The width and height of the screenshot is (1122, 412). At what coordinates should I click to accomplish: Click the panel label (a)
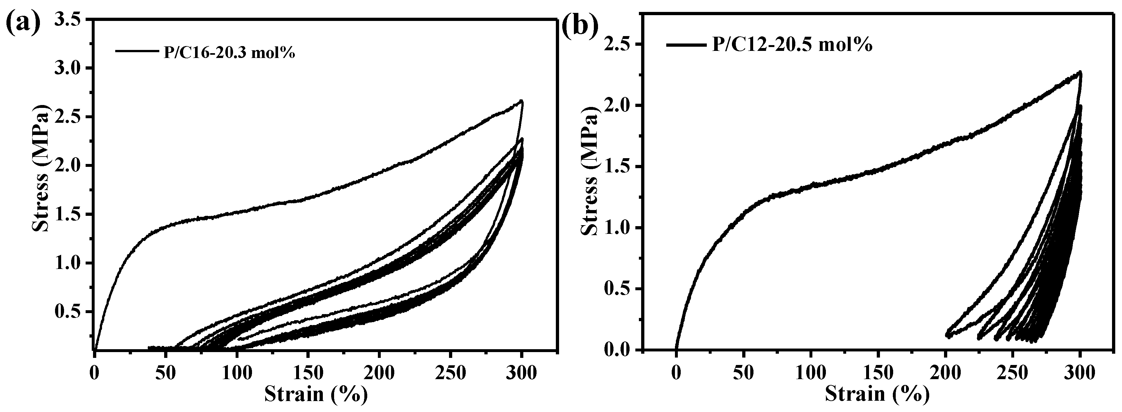(x=23, y=25)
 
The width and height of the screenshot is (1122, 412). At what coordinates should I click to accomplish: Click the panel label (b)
(x=579, y=25)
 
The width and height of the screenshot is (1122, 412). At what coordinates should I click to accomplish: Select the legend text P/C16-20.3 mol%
(x=227, y=52)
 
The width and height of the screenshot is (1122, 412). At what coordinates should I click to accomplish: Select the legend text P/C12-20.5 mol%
(x=792, y=45)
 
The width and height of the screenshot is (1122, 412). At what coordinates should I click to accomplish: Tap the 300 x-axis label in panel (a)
(x=521, y=374)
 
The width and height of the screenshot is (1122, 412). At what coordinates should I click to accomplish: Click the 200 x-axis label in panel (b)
(x=945, y=374)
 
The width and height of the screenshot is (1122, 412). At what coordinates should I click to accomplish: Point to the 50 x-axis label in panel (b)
(x=743, y=374)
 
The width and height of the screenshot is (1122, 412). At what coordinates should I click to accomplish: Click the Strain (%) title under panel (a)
(x=316, y=394)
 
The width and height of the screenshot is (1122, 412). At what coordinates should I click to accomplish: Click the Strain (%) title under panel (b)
(x=877, y=394)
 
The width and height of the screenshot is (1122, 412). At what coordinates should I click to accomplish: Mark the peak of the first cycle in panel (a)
(x=521, y=101)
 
